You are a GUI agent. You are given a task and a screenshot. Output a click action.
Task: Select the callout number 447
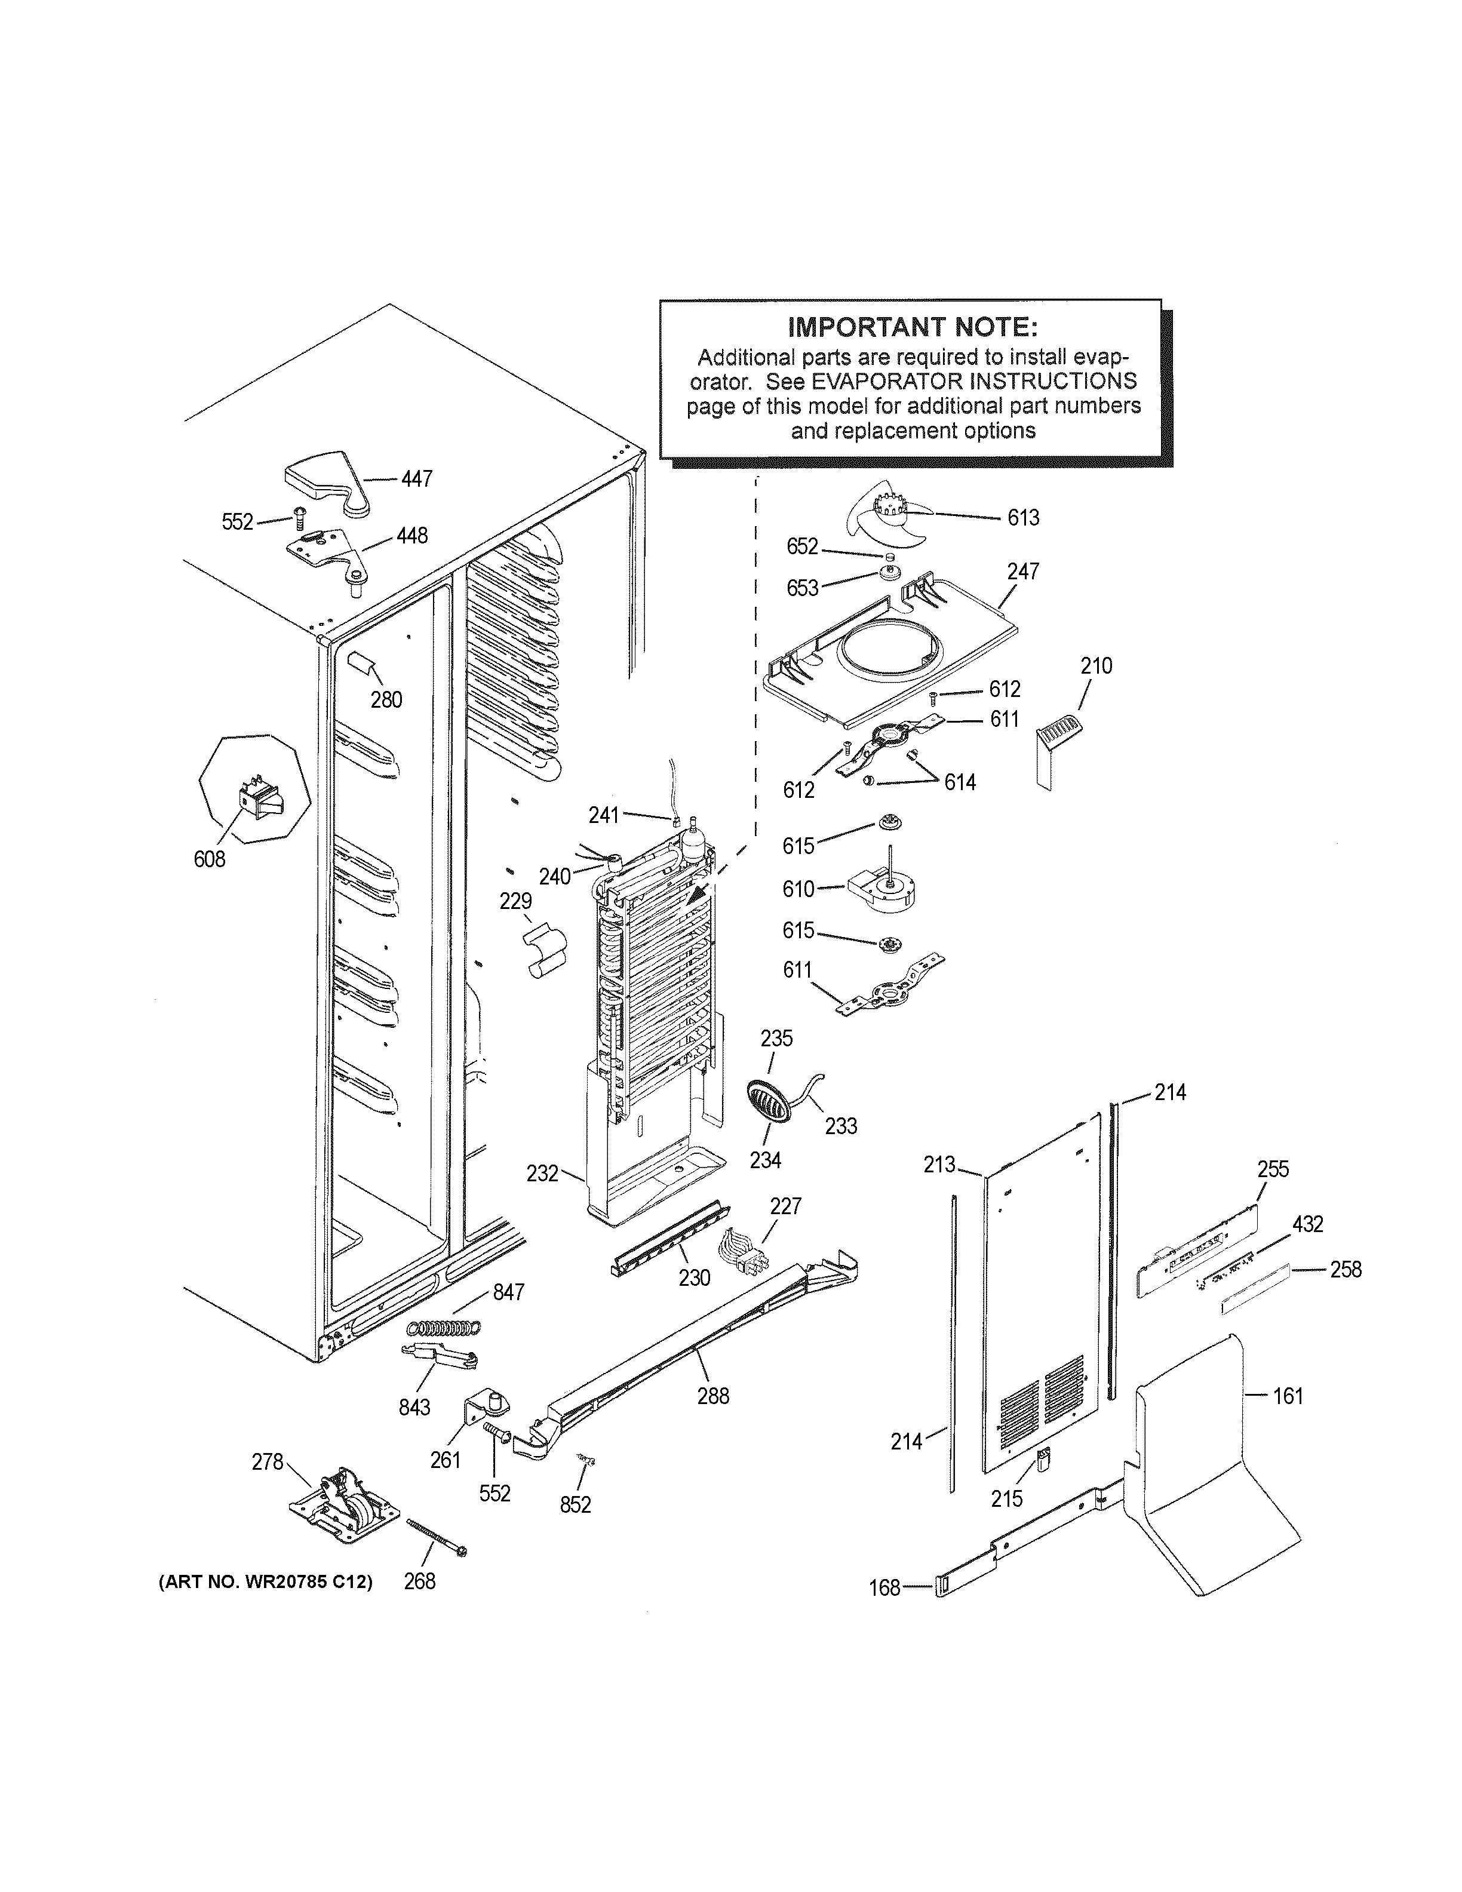[x=417, y=479]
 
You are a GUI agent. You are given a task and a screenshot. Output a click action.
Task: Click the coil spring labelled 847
[x=444, y=1327]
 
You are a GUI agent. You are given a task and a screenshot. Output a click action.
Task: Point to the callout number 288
[x=713, y=1396]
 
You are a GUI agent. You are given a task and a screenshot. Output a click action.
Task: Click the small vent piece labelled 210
[x=1056, y=736]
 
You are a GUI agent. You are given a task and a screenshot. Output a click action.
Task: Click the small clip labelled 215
[x=1042, y=1461]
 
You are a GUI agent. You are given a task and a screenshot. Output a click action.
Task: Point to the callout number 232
[x=542, y=1174]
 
